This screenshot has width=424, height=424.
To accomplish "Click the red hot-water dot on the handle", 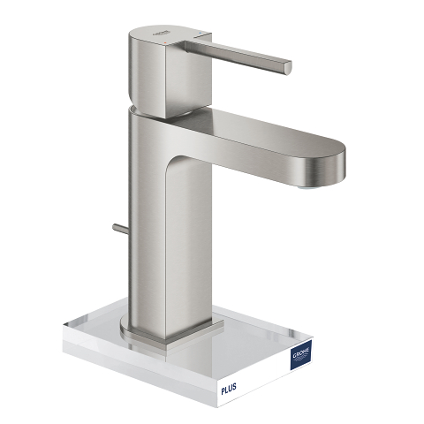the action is point(166,43).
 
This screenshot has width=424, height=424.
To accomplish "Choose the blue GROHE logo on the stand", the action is point(301,354).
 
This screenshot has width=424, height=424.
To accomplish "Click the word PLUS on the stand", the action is point(229,389).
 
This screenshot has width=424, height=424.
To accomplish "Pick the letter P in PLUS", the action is point(223,390).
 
